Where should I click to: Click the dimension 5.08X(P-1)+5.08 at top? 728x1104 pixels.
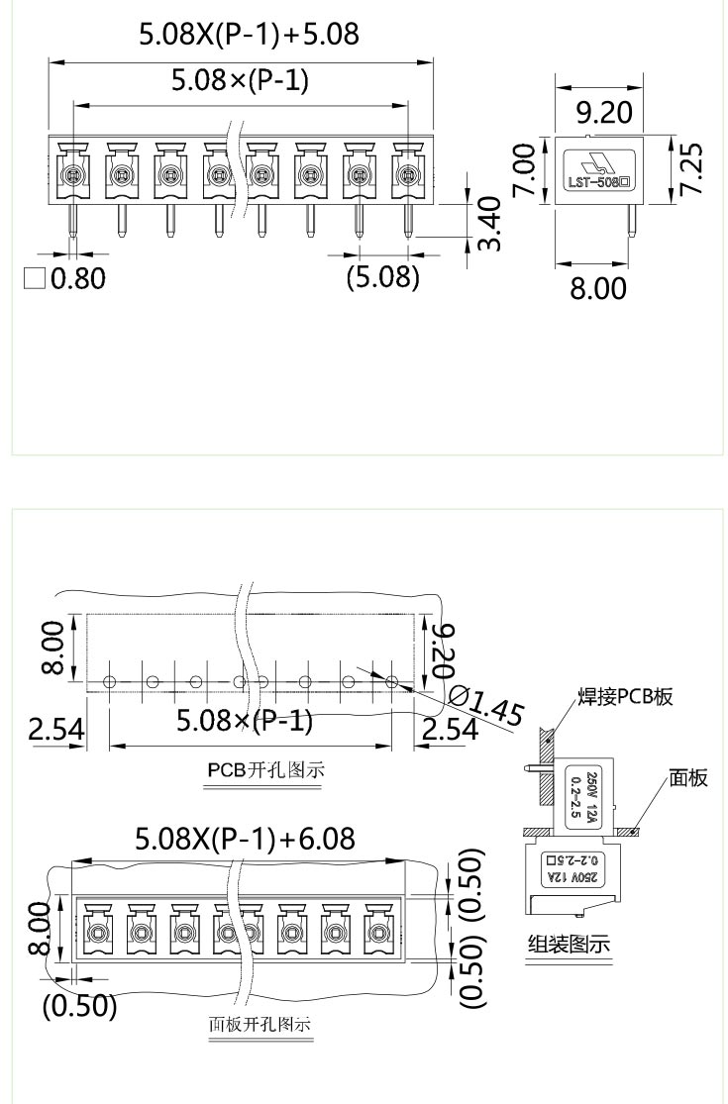pyautogui.click(x=248, y=36)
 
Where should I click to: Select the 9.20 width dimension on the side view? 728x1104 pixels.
pyautogui.click(x=603, y=113)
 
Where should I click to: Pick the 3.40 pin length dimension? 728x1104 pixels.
pyautogui.click(x=488, y=224)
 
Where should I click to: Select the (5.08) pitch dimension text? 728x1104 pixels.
pyautogui.click(x=382, y=276)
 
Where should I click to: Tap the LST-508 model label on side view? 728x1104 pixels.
pyautogui.click(x=596, y=182)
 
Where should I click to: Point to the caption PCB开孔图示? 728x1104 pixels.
pyautogui.click(x=265, y=769)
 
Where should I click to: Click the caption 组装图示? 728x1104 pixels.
pyautogui.click(x=567, y=944)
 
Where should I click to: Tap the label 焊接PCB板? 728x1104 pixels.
pyautogui.click(x=624, y=696)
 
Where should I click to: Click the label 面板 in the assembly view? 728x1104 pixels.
pyautogui.click(x=688, y=778)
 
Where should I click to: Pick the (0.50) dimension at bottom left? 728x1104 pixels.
pyautogui.click(x=79, y=1006)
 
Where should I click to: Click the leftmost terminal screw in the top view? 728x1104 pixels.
pyautogui.click(x=72, y=176)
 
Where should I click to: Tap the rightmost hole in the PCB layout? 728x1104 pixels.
pyautogui.click(x=392, y=681)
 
